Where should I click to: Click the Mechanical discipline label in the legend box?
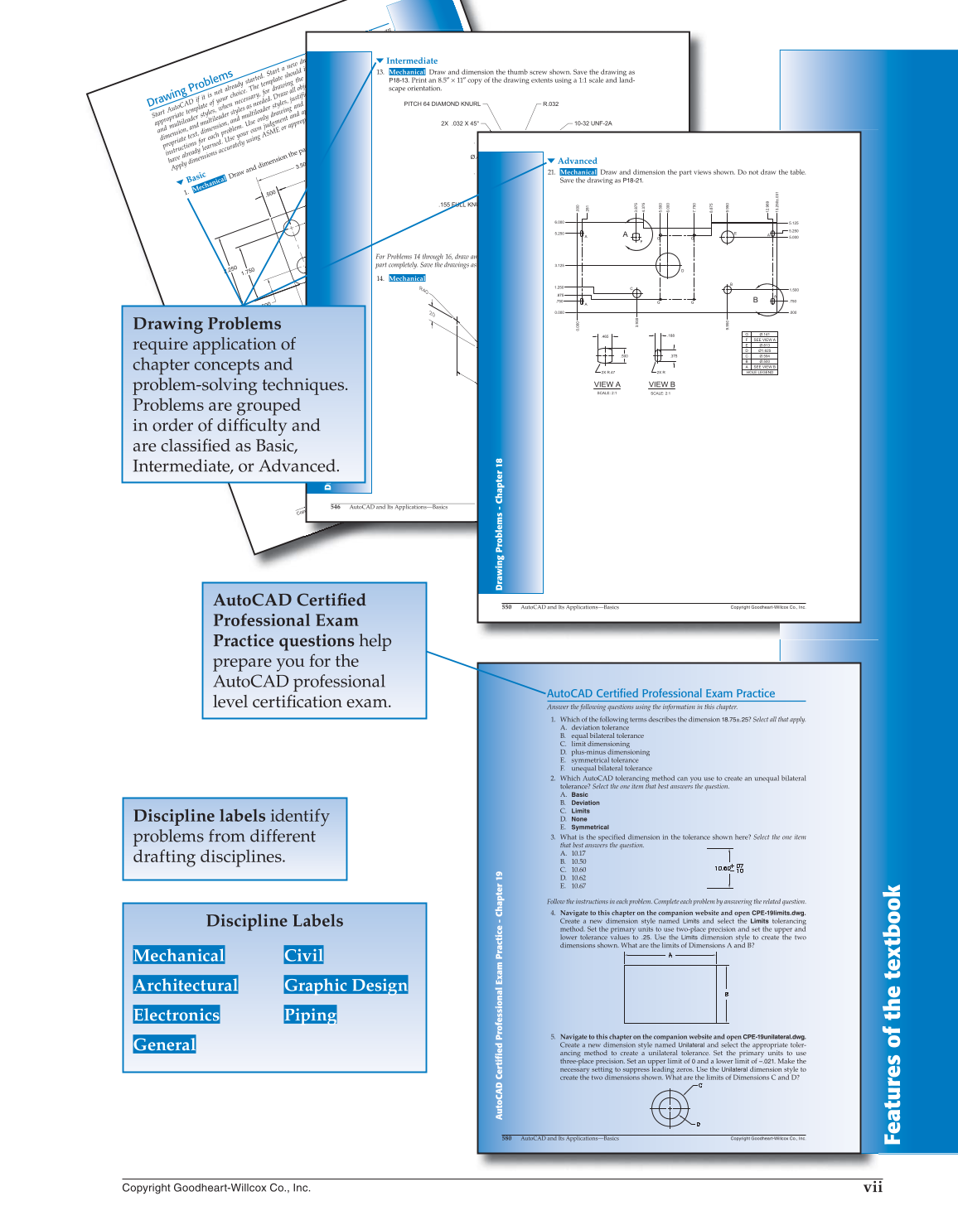tap(179, 955)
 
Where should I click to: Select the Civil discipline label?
tap(303, 955)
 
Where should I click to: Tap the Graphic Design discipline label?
tap(346, 985)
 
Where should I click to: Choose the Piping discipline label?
tap(310, 1015)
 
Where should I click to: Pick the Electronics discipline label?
tap(177, 1015)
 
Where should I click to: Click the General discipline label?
tap(165, 1044)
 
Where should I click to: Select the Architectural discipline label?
tap(186, 985)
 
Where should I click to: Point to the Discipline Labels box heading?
tap(274, 921)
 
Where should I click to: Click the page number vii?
tap(872, 1187)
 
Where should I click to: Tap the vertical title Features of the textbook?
tap(892, 1015)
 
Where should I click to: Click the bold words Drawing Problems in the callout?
tap(207, 324)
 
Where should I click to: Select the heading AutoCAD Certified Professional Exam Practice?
tap(660, 693)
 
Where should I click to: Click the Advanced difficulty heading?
tap(577, 161)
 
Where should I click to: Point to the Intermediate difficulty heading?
tap(411, 60)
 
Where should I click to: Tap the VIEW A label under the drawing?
tap(607, 384)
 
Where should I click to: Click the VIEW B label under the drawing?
tap(661, 384)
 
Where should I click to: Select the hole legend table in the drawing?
tap(759, 354)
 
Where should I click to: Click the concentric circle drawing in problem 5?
tap(670, 1107)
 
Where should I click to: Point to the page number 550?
tap(506, 607)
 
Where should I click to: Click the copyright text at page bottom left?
tap(216, 1188)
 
